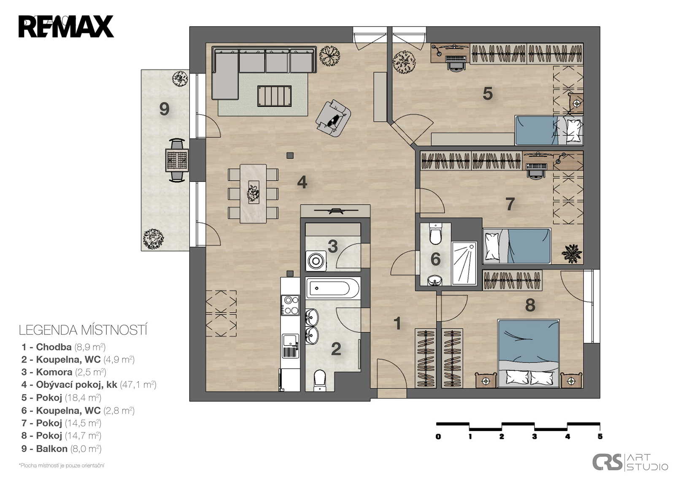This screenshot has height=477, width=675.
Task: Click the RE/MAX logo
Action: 66,27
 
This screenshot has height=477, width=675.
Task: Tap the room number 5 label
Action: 488,93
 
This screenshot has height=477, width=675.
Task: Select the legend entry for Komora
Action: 64,372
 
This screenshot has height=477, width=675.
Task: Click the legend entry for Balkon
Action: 61,449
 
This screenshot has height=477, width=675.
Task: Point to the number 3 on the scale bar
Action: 534,437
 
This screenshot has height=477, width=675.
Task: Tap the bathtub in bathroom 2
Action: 333,288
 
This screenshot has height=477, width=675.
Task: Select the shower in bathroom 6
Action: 464,263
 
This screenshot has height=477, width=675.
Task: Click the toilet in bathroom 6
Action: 435,234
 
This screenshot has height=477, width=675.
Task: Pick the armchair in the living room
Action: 333,118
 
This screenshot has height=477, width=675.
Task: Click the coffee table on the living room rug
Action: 275,96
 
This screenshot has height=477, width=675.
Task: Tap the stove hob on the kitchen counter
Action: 290,305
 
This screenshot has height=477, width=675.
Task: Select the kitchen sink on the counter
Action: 291,346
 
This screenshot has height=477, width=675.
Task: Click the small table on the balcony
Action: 177,160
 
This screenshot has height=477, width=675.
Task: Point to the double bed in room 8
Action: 529,353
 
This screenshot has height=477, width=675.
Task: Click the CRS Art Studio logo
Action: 630,462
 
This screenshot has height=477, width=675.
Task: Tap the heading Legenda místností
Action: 83,330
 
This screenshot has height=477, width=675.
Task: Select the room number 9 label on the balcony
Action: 164,109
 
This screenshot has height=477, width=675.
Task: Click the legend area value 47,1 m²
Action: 138,385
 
